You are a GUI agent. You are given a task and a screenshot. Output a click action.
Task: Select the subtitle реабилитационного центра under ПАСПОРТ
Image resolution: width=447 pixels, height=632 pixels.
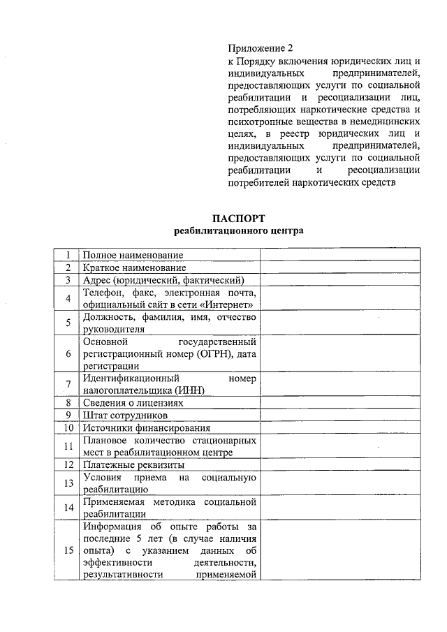click(x=239, y=230)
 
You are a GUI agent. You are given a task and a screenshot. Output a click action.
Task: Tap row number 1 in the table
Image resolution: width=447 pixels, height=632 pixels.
click(x=68, y=255)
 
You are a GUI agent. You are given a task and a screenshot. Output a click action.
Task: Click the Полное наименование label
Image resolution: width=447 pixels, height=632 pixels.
click(x=133, y=255)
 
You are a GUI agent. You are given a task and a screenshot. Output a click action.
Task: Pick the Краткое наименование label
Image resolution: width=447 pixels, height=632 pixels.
click(x=134, y=267)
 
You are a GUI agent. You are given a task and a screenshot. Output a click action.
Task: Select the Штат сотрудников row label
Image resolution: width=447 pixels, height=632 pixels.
click(x=125, y=416)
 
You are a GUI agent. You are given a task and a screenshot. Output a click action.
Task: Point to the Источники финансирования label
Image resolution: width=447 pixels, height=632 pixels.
click(x=146, y=427)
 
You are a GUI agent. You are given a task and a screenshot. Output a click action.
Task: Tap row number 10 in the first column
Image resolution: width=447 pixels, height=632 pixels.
click(x=68, y=427)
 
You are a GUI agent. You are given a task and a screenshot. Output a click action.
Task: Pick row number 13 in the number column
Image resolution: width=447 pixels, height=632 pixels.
click(x=68, y=483)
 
